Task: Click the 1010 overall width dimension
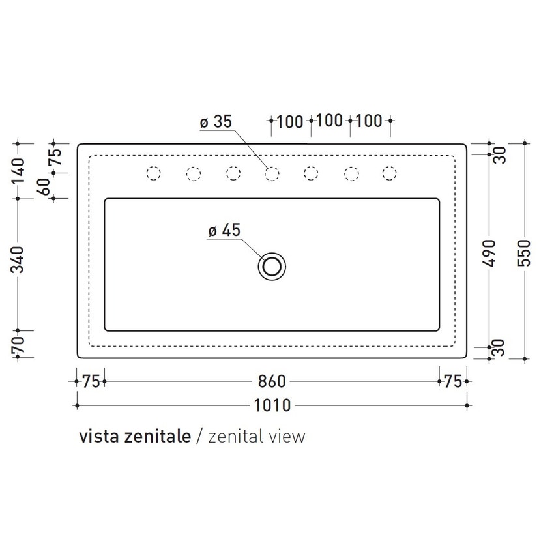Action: (272, 405)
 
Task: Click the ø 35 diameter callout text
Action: (216, 122)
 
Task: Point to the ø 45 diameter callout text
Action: (224, 230)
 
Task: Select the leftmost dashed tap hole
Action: (154, 173)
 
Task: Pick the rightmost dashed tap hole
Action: (390, 173)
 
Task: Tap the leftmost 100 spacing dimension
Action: (290, 121)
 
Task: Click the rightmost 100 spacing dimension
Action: (369, 121)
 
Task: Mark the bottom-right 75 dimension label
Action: (453, 381)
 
